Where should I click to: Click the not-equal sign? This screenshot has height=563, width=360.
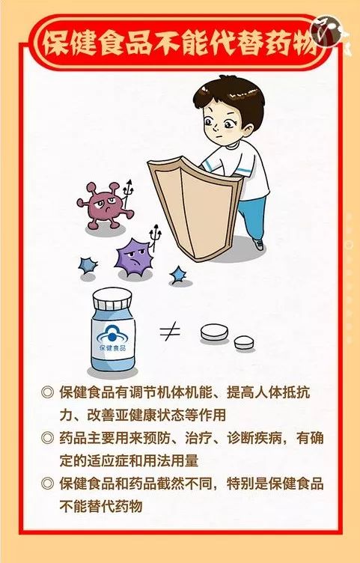170,332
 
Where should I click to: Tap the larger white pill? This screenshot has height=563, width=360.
214,332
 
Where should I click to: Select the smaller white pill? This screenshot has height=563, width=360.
244,342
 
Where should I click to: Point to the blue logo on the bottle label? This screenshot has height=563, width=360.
112,335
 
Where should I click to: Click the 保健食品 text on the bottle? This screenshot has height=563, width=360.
112,348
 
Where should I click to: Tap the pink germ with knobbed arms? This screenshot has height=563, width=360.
103,205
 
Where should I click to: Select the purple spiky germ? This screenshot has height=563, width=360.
133,257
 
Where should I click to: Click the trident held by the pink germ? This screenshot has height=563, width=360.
128,193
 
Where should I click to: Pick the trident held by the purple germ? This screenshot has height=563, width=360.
156,238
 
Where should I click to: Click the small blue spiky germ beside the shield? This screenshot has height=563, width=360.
178,275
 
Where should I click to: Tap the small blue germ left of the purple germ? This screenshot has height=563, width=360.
88,266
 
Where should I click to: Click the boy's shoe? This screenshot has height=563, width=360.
258,244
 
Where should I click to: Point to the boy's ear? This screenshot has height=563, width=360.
247,130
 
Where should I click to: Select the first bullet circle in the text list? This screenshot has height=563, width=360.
47,392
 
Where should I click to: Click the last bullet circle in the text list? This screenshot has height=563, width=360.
47,484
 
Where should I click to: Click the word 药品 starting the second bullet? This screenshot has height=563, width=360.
73,438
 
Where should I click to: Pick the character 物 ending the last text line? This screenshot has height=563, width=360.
135,506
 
